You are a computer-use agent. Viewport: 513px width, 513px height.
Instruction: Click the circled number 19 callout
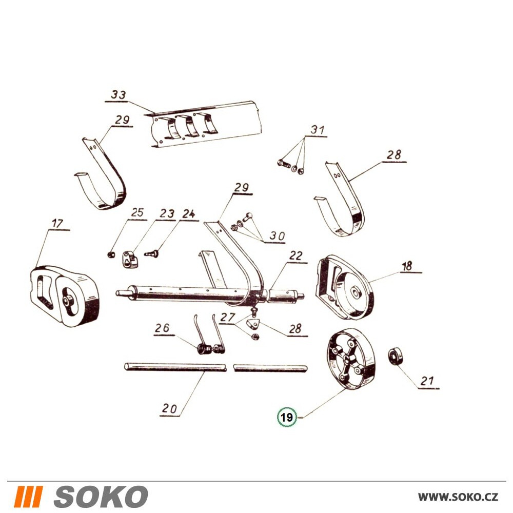click(287, 417)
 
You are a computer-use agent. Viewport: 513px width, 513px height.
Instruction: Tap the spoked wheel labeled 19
click(351, 360)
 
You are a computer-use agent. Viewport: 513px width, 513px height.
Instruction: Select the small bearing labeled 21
click(395, 357)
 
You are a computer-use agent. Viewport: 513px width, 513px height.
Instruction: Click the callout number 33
click(118, 94)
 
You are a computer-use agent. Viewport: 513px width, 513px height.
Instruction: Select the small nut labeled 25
click(111, 254)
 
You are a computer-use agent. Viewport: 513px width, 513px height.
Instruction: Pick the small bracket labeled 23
click(130, 259)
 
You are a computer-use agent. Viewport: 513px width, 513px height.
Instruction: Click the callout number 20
click(169, 408)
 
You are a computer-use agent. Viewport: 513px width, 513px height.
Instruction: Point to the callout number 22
click(295, 255)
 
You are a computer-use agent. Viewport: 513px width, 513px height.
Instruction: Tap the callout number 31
click(317, 130)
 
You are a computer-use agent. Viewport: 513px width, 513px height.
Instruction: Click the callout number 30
click(277, 236)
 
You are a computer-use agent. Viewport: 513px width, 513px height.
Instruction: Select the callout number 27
click(227, 317)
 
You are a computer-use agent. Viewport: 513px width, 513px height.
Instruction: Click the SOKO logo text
click(101, 496)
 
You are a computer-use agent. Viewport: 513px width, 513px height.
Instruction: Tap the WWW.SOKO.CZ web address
click(458, 497)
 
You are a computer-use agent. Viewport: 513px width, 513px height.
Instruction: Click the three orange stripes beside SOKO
click(28, 496)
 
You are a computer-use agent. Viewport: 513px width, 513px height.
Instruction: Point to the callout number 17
click(57, 224)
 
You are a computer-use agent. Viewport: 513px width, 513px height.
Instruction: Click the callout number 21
click(427, 381)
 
